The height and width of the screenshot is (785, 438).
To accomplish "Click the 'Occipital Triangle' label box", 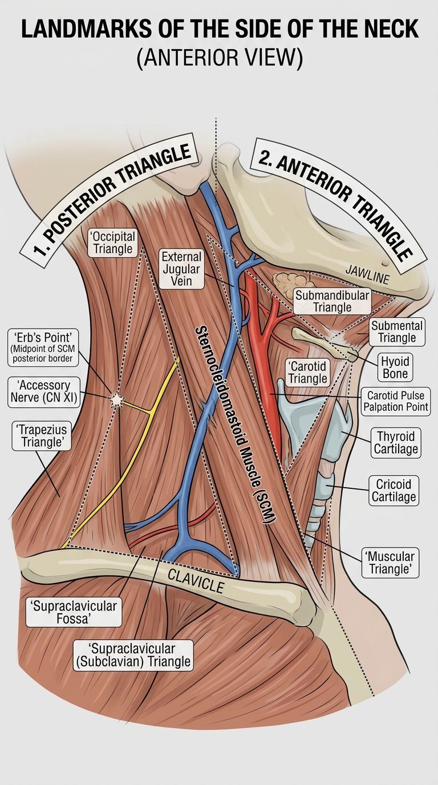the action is pos(112,242).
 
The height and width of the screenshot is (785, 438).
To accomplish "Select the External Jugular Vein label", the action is pos(181,269).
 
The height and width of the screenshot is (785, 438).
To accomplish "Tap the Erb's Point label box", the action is pos(43,347).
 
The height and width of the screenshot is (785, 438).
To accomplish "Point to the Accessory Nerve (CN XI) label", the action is pos(43,392).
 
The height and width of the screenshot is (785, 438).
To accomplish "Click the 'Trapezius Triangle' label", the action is pos(41,436).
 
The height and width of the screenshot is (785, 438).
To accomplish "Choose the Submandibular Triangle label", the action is pos(332,301).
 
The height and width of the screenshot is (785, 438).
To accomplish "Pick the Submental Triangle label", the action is pos(397,331).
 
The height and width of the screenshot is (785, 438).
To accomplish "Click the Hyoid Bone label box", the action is pos(395,367).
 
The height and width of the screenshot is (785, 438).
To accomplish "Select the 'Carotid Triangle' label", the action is pos(307,372).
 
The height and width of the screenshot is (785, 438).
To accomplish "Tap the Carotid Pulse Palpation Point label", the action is pos(396,401).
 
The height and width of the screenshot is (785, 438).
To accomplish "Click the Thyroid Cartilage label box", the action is pos(396,443).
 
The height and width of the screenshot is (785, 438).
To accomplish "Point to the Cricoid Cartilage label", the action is pos(394,490).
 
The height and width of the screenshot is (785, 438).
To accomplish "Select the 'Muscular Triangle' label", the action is pos(390,563).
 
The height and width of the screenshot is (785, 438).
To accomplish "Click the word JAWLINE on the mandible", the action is pos(367,274).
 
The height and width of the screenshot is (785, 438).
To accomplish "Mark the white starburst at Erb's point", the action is pos(115,399).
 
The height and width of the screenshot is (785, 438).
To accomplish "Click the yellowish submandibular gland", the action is pos(289,281).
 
